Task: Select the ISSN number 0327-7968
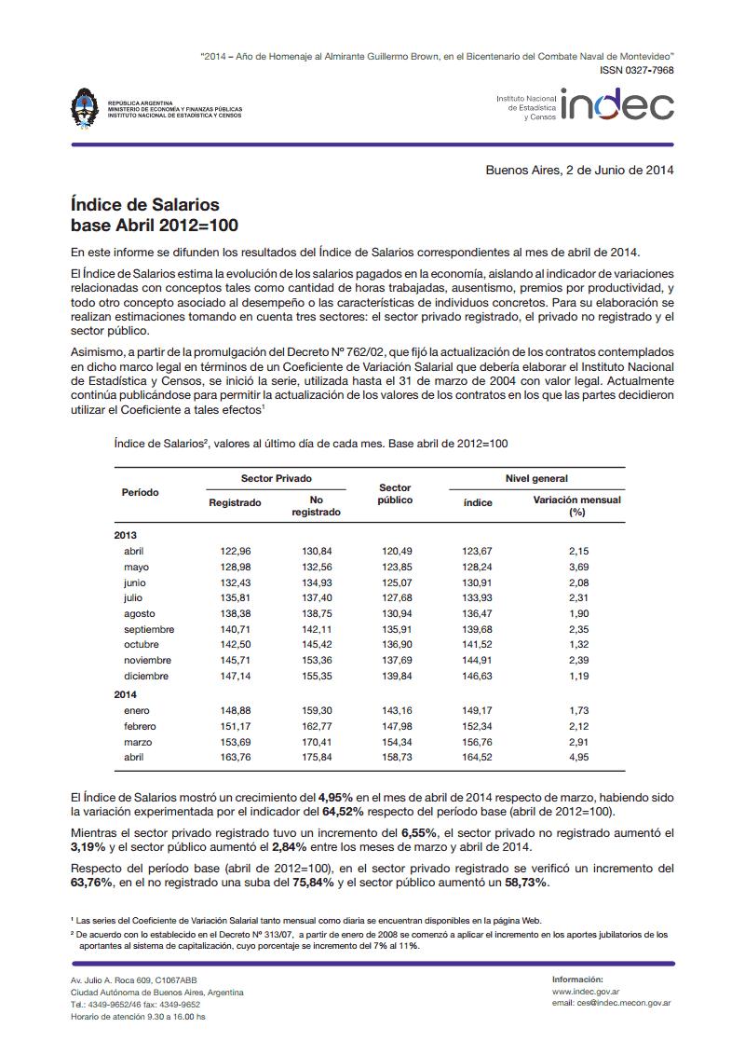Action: coord(637,71)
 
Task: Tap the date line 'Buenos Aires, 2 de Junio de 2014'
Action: coord(579,170)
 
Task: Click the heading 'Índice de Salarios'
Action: coord(144,204)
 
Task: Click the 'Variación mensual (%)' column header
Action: coord(576,506)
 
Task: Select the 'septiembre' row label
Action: coord(149,629)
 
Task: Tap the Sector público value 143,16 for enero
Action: coord(398,711)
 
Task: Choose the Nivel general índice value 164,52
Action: coord(477,758)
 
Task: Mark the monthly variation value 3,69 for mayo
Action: coord(578,567)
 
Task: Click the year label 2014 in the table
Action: coord(126,693)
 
